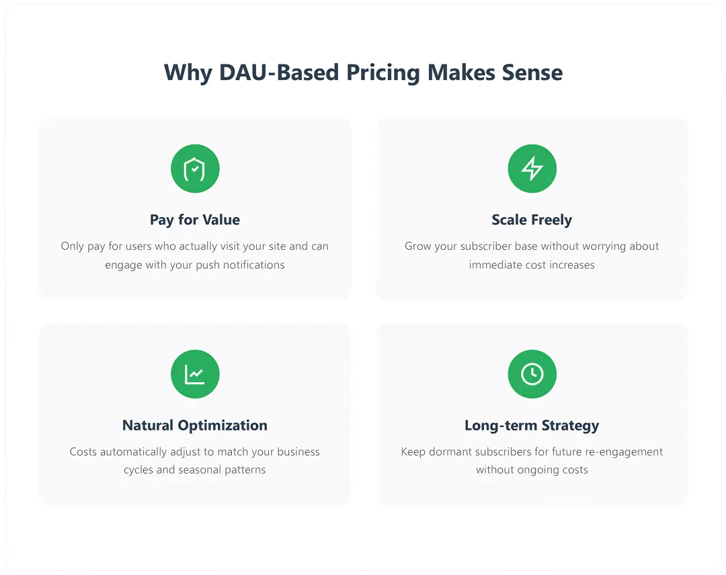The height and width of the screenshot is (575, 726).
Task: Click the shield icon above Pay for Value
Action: coord(195,169)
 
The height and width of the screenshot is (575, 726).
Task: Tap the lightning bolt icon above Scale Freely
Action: coord(532,169)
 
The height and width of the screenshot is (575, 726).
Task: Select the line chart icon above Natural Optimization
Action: coord(195,374)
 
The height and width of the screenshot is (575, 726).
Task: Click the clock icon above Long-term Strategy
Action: coord(532,373)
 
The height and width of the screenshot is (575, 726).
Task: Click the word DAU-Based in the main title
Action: coord(279,73)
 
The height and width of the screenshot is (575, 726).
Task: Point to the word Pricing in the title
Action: coord(383,73)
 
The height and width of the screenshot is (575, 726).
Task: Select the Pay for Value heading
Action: coord(195,220)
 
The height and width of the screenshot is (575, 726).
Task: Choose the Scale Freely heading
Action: coord(532,220)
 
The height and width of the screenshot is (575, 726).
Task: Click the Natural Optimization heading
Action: coord(195,425)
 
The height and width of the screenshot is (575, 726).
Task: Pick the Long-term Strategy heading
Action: coord(532,425)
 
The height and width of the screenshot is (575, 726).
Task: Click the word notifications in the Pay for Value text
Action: coord(253,265)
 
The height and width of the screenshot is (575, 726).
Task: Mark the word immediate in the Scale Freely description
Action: coord(491,265)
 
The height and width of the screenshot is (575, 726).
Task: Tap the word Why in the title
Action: coord(188,73)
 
